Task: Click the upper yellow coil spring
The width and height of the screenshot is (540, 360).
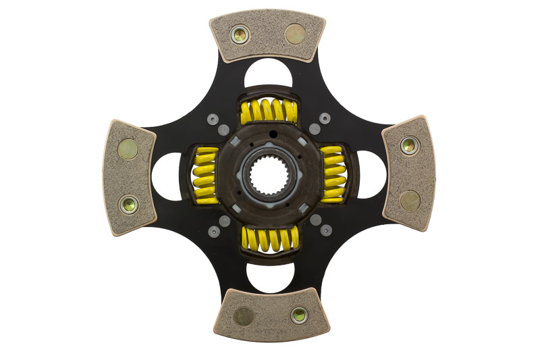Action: click(x=269, y=111)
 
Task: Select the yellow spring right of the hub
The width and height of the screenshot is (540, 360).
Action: click(x=332, y=174)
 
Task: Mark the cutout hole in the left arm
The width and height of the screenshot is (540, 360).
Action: click(x=167, y=176)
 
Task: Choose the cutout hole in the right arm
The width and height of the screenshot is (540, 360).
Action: click(x=372, y=175)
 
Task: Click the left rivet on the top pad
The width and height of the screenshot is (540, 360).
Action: click(x=240, y=34)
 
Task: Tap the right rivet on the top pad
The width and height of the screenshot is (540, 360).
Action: click(x=295, y=34)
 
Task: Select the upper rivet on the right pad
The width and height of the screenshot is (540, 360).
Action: click(x=409, y=145)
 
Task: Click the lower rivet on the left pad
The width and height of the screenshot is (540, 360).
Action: click(x=128, y=204)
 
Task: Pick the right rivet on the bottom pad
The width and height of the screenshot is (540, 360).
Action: click(x=299, y=315)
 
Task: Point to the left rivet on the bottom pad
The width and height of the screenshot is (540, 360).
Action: click(x=243, y=316)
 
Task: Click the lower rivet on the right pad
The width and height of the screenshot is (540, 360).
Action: click(x=410, y=200)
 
